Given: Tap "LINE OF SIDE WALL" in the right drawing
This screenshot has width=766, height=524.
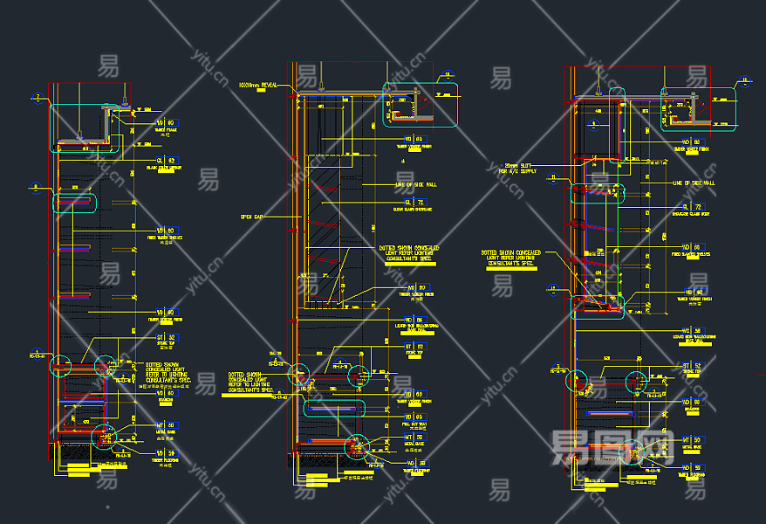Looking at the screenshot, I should pyautogui.click(x=694, y=183).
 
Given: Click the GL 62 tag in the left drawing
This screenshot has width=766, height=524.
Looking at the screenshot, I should pyautogui.click(x=165, y=161).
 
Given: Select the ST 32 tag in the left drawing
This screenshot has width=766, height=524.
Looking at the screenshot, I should pyautogui.click(x=165, y=337).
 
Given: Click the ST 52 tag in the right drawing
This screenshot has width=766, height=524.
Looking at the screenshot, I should pyautogui.click(x=692, y=366).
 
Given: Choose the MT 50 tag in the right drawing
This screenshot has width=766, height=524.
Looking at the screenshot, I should pyautogui.click(x=691, y=439).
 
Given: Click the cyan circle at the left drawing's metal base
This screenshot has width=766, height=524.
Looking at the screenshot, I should pyautogui.click(x=103, y=434).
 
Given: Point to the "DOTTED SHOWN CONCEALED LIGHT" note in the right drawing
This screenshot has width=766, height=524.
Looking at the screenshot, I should pyautogui.click(x=510, y=259).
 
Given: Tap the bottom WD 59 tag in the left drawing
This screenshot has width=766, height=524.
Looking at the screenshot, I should pyautogui.click(x=165, y=453).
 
